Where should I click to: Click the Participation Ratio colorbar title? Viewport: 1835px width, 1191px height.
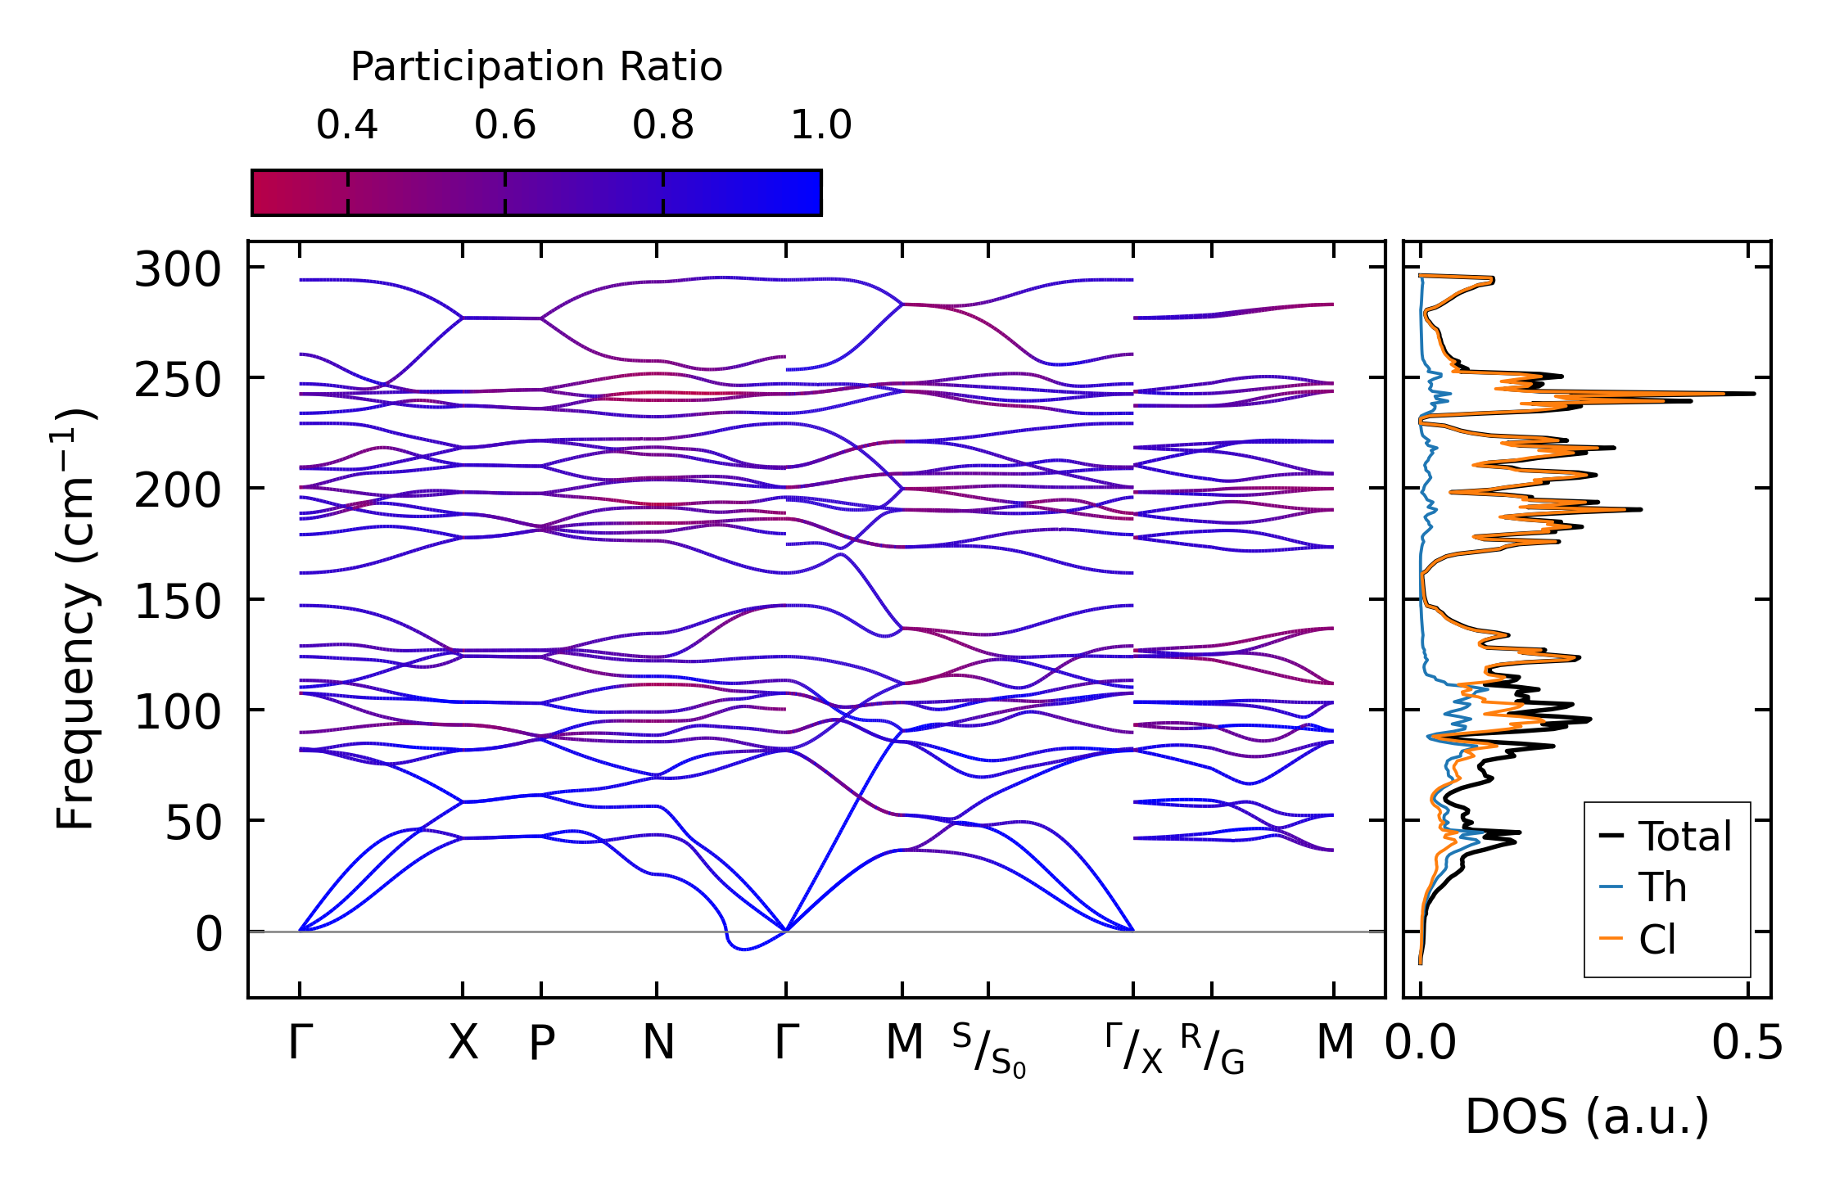point(536,67)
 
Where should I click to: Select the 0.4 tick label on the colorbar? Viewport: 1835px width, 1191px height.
point(347,126)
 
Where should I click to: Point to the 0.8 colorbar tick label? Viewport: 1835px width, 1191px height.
point(662,126)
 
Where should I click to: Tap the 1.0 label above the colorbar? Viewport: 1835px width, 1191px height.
point(820,126)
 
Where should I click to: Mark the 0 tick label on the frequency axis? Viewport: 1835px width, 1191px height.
point(208,935)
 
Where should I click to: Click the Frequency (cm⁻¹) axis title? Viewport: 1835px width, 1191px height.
point(76,620)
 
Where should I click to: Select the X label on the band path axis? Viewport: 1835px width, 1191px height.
point(463,1044)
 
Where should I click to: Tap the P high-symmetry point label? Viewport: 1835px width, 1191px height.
point(541,1044)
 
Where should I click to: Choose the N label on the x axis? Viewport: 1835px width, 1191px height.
point(658,1044)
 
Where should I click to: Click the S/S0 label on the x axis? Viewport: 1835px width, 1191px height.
point(988,1050)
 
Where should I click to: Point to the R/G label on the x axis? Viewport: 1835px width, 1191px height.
point(1212,1050)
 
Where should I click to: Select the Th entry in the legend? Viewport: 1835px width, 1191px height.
point(1662,888)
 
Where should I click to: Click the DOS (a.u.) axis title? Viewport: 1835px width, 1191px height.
point(1587,1117)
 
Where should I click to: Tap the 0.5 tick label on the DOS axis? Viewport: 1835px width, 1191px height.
point(1747,1044)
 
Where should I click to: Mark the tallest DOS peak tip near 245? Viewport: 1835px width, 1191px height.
point(1753,394)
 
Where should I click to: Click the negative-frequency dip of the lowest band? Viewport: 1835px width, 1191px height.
point(743,949)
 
